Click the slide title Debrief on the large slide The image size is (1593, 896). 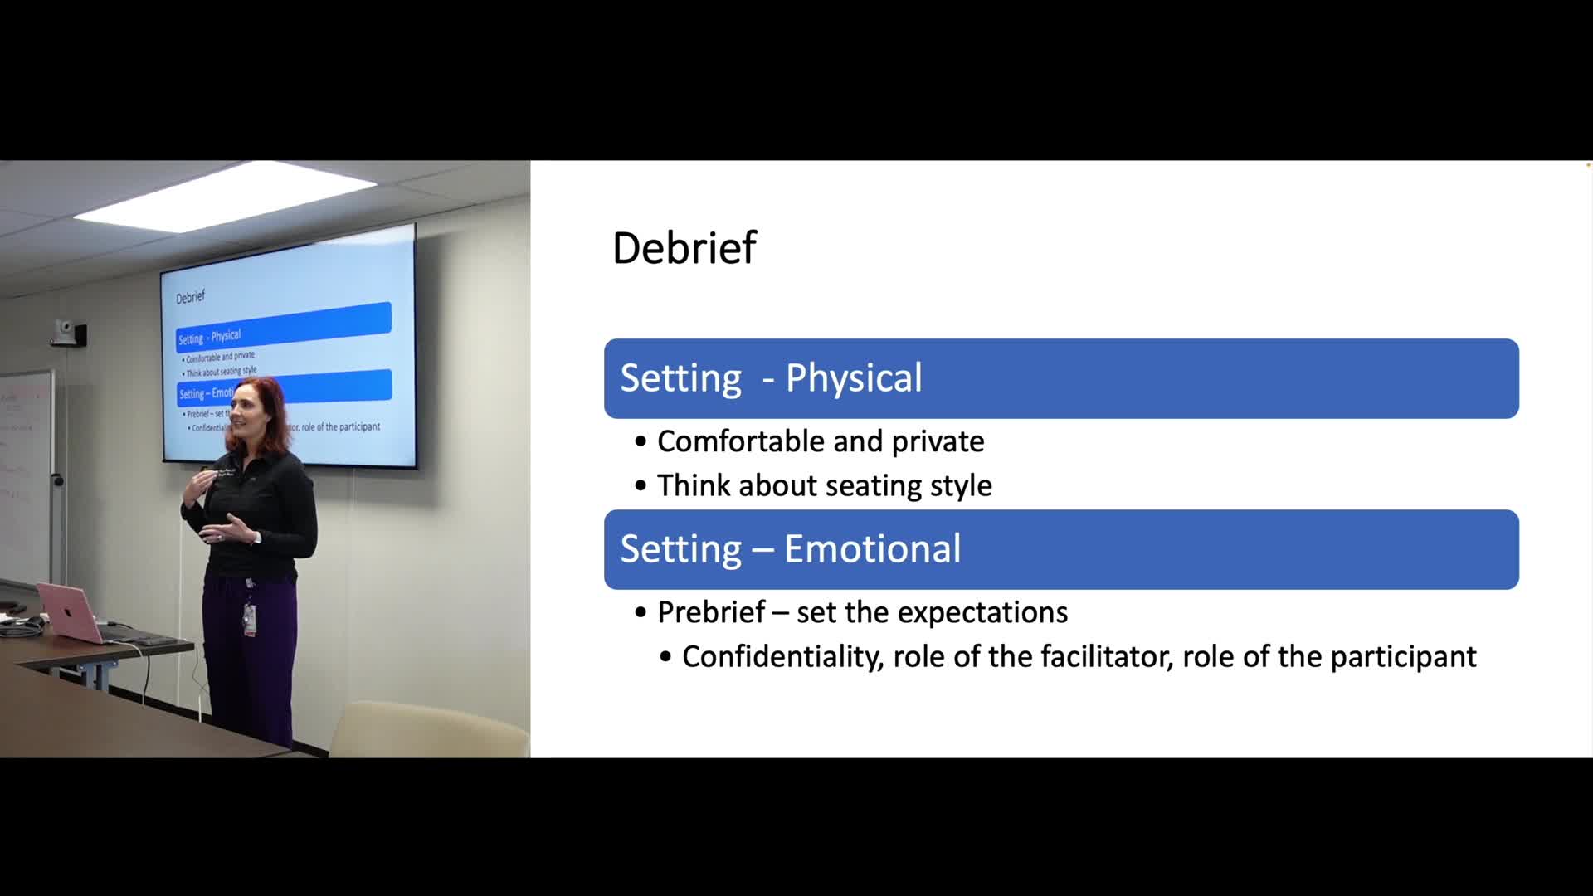[684, 247]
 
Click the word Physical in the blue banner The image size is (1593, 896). [854, 378]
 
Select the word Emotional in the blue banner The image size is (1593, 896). [872, 548]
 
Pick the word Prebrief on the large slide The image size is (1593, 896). [711, 612]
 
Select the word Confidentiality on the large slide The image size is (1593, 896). [782, 658]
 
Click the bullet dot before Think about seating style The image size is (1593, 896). [641, 486]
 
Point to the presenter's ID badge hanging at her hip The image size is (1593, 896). [249, 620]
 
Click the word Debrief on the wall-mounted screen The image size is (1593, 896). [190, 297]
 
